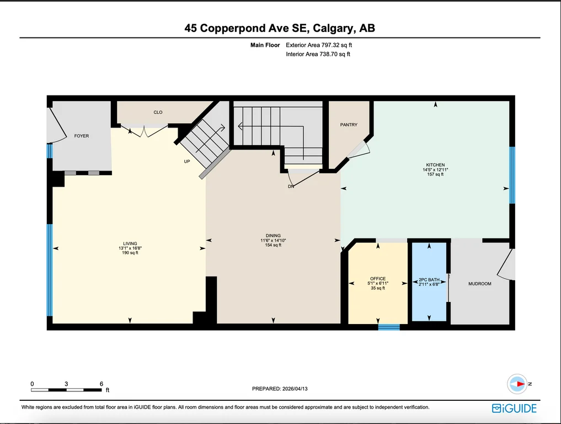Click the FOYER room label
coord(82,136)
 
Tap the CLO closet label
coord(158,113)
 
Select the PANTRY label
coord(349,125)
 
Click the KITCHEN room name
coord(435,165)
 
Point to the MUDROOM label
coord(480,284)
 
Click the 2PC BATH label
coord(429,280)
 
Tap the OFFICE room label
coord(378,279)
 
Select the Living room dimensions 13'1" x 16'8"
coord(130,248)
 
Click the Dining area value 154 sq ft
coord(273,245)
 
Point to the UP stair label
coord(187,162)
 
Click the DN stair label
coord(291,187)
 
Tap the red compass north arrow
coord(521,384)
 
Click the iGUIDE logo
coord(514,408)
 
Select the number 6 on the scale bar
coord(101,384)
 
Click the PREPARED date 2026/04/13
coord(295,389)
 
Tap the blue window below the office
coord(389,327)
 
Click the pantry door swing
coord(359,150)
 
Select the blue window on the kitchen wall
coord(512,175)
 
